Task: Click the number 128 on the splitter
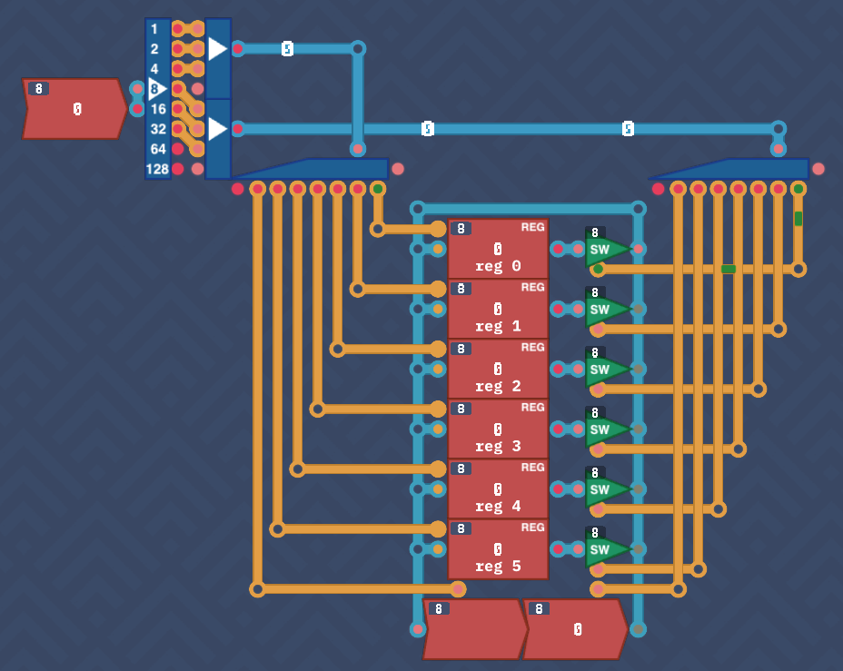coord(157,169)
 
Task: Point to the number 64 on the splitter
coord(158,149)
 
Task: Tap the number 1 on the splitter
coord(154,29)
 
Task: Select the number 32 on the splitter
coord(158,129)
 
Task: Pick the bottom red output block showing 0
coord(576,629)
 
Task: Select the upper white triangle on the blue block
coord(217,49)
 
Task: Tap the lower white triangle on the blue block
coord(217,129)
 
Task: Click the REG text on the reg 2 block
coord(532,348)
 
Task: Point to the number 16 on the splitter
coord(158,109)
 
